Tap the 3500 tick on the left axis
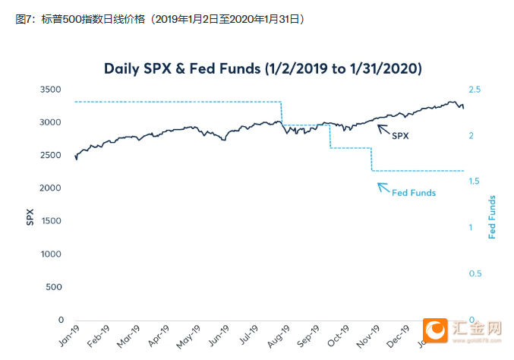(49, 90)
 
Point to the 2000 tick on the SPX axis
(49, 188)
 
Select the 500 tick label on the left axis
(52, 287)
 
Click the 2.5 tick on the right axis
(476, 90)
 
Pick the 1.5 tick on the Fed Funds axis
(476, 182)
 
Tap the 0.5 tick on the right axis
(476, 273)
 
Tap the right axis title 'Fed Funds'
(492, 218)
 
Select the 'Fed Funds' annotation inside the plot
(414, 193)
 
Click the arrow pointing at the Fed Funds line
(383, 187)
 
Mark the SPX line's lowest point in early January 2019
(77, 159)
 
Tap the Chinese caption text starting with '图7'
(159, 19)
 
